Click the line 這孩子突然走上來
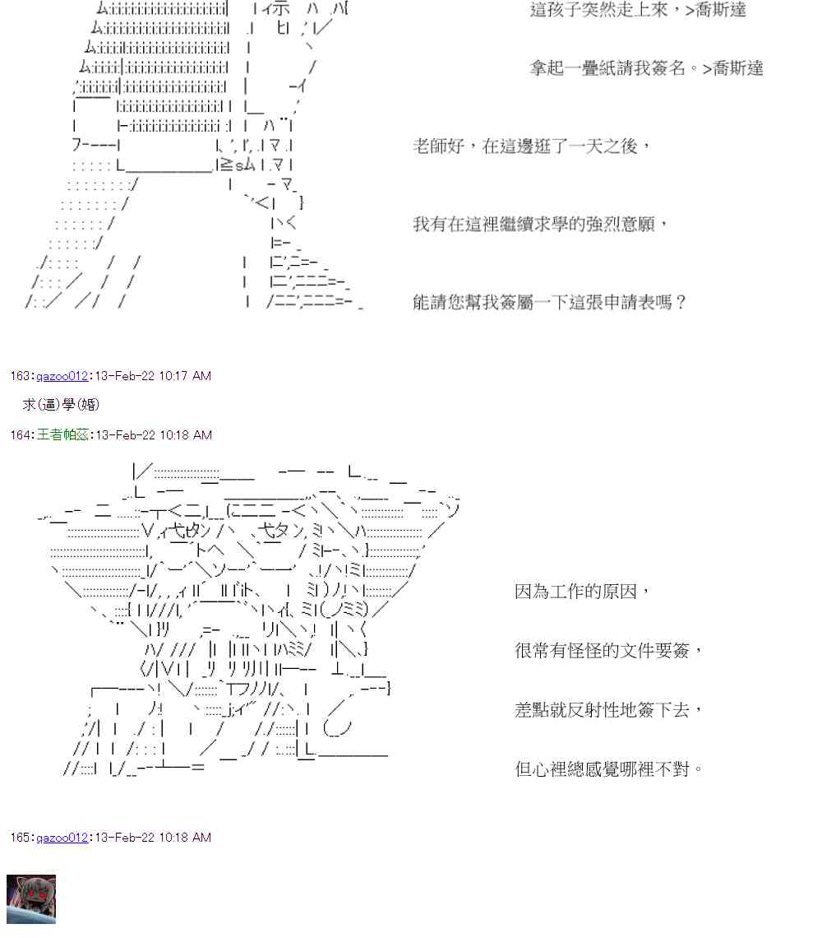pos(638,11)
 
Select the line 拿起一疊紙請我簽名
pos(646,68)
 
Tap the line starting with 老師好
pos(531,146)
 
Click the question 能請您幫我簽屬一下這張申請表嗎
pos(549,303)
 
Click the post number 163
pos(21,376)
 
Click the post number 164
pos(21,434)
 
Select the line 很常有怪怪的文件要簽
pos(609,651)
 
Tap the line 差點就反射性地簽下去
pos(609,710)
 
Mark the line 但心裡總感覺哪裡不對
pos(609,771)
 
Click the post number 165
pos(21,838)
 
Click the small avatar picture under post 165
pos(31,899)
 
